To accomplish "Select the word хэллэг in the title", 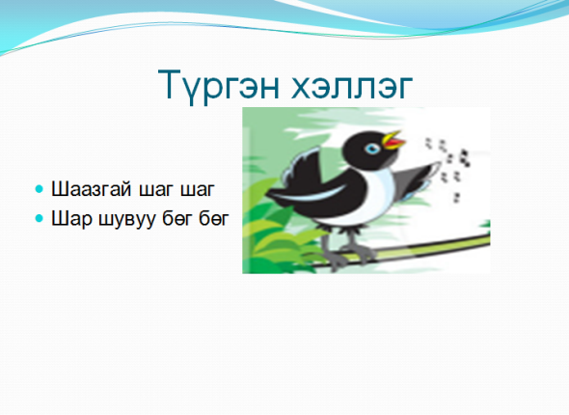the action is (352, 87).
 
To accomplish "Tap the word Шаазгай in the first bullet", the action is (91, 189).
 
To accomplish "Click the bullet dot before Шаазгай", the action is (40, 189).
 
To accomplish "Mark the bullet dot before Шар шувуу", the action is (40, 218).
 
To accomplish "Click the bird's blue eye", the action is (372, 149).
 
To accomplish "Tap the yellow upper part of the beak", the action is (391, 137).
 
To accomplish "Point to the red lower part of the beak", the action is (394, 145).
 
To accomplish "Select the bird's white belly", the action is (366, 204).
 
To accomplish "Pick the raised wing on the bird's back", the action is (302, 166).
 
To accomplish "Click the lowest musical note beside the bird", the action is (456, 198).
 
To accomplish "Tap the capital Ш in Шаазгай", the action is (60, 189).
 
